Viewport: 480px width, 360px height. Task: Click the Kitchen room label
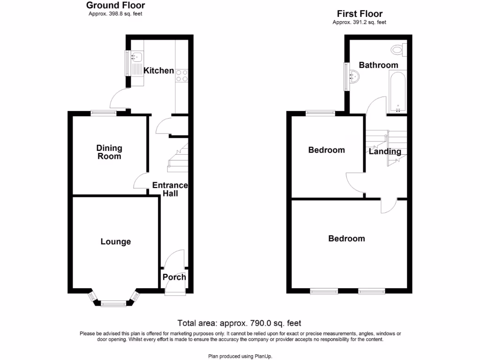158,71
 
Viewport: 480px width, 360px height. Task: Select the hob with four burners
182,75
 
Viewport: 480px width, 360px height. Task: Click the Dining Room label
109,152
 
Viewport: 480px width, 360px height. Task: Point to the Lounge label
116,242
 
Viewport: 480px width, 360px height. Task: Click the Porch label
174,277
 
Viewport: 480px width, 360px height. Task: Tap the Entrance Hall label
170,189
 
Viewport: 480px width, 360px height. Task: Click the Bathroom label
378,65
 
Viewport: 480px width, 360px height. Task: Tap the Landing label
385,151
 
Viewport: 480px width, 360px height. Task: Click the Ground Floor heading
115,6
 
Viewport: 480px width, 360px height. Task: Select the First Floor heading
360,14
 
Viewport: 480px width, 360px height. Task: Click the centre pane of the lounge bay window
114,304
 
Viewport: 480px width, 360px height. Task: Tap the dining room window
103,112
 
